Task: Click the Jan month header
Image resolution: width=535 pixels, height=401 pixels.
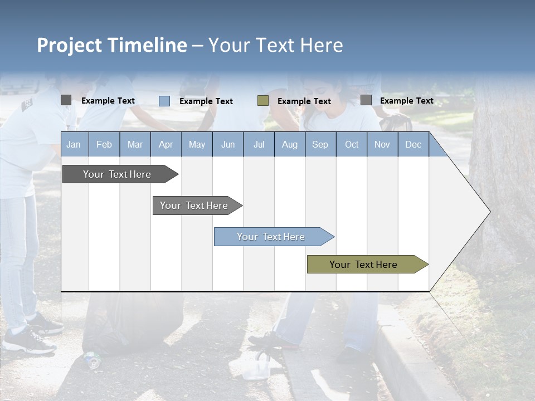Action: click(x=74, y=144)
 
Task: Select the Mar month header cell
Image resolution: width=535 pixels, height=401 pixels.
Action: click(x=135, y=144)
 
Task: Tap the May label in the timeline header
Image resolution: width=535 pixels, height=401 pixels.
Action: click(x=197, y=144)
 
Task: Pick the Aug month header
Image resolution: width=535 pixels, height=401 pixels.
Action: click(x=289, y=144)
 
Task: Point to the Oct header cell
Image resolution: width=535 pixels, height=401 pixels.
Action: click(x=352, y=144)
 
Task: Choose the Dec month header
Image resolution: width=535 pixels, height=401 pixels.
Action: click(x=413, y=144)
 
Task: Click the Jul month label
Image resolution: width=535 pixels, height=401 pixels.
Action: click(x=259, y=144)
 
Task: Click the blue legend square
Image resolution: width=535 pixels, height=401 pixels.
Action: click(x=164, y=101)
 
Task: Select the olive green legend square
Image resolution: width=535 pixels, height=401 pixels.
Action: click(x=263, y=101)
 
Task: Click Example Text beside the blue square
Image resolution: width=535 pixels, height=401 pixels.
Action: click(x=206, y=101)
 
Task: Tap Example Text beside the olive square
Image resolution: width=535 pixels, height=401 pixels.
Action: click(x=304, y=101)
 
